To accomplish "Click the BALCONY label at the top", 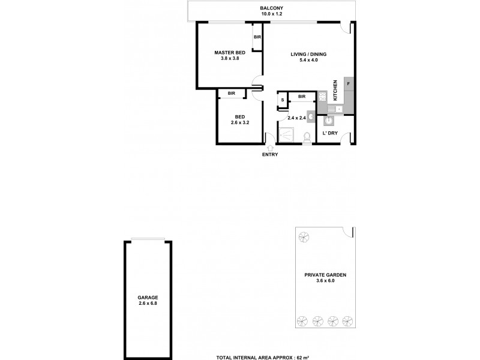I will (268, 8).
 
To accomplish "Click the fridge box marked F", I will (349, 84).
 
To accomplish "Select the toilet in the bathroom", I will (307, 137).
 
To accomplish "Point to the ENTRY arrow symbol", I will (269, 147).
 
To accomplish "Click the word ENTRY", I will (269, 155).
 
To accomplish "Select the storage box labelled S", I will (281, 100).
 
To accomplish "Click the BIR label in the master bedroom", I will (257, 38).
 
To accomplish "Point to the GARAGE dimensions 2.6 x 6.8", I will (147, 304).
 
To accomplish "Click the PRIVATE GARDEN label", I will (325, 274).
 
